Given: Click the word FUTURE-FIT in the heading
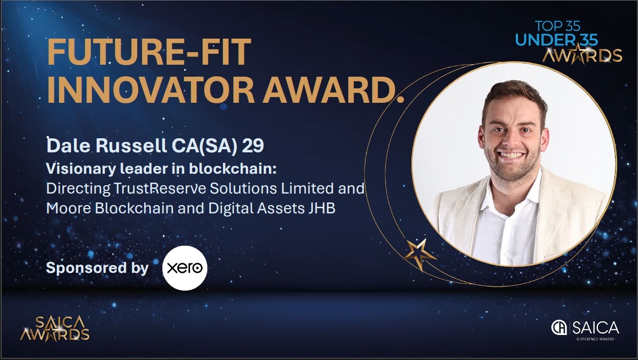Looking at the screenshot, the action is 149,52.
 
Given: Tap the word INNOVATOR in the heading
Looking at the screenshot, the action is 150,90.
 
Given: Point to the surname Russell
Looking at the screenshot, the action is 131,146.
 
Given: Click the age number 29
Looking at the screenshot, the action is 253,146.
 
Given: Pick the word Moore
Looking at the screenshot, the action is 68,208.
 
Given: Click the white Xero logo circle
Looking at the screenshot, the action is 185,268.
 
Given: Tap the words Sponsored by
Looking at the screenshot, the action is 98,268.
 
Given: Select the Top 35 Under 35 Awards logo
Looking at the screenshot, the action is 568,42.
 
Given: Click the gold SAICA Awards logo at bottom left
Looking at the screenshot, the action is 55,329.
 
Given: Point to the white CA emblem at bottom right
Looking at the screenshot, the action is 559,328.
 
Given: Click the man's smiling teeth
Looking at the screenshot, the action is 512,155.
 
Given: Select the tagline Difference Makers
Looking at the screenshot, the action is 595,339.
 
